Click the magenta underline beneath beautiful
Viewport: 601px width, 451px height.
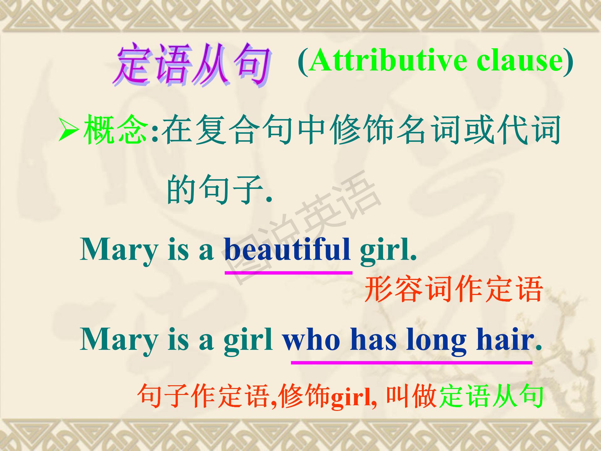(x=289, y=273)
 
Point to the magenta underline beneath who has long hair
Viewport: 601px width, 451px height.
(x=412, y=363)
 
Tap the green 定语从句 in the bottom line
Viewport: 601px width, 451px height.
(x=491, y=396)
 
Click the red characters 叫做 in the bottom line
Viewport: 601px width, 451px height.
(x=411, y=396)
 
